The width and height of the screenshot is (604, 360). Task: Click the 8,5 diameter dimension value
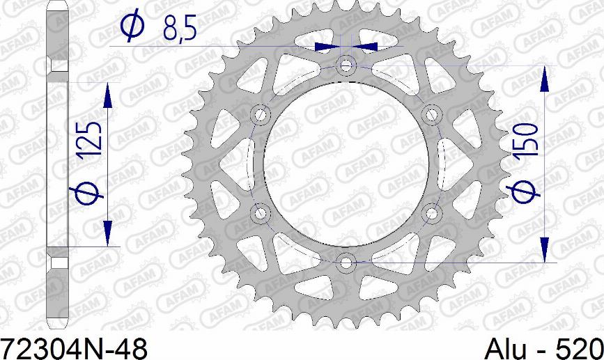180,28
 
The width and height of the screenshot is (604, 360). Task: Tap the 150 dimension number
525,140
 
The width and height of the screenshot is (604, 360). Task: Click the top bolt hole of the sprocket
346,65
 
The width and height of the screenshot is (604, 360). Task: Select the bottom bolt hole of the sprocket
346,263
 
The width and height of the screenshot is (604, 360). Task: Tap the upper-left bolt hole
260,114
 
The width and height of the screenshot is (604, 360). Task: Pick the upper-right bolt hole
431,114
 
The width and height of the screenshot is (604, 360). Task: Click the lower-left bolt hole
260,213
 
